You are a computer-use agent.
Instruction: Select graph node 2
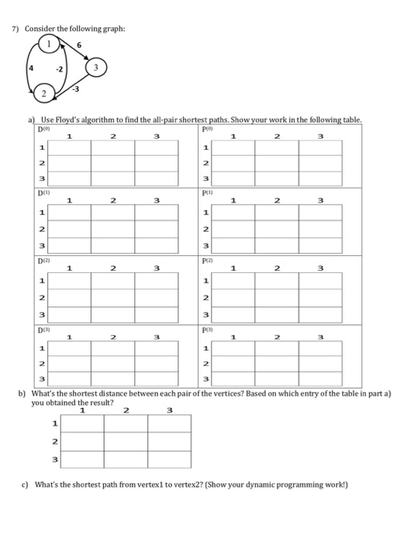44,95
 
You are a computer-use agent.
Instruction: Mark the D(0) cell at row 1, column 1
70,147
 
